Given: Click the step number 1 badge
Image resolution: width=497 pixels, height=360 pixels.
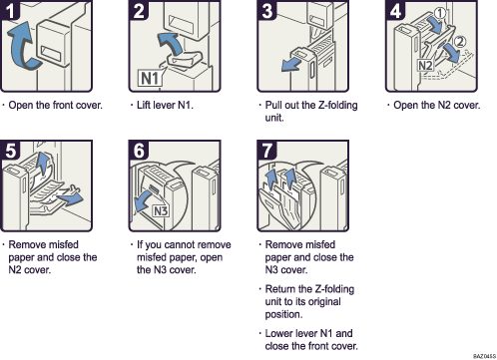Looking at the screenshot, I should click(x=14, y=13).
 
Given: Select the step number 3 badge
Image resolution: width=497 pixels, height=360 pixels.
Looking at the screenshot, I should click(x=267, y=13).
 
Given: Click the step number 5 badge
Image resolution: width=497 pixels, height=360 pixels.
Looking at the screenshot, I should click(x=14, y=152).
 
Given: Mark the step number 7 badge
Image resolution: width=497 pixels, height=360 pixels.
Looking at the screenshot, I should click(x=267, y=152).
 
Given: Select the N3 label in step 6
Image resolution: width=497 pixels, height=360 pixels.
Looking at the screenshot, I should click(x=159, y=209).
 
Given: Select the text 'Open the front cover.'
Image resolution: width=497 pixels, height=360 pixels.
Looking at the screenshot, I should click(x=57, y=105).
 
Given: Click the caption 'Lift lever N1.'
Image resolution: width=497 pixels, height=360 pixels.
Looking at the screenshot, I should click(x=164, y=105).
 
